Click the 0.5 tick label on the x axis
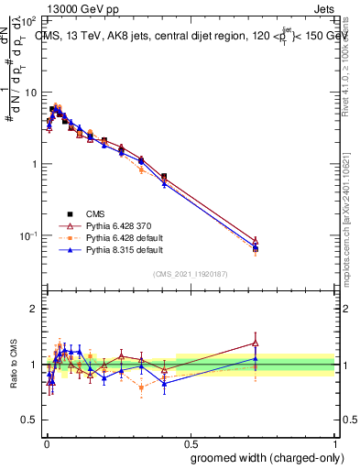click(x=190, y=442)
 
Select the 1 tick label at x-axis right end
click(x=335, y=442)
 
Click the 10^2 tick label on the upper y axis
click(x=27, y=20)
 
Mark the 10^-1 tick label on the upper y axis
click(x=27, y=235)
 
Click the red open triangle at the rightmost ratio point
click(x=256, y=344)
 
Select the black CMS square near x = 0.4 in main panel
click(x=164, y=176)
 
